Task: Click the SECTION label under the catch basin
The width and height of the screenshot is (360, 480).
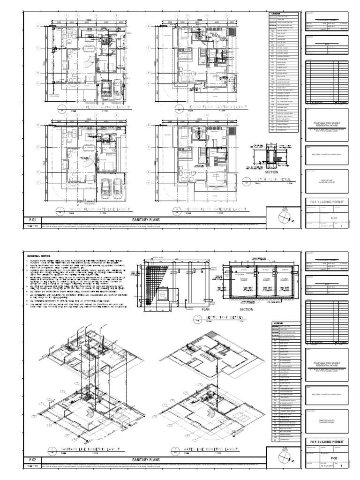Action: tap(272, 172)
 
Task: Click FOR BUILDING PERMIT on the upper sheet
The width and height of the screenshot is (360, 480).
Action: tap(327, 201)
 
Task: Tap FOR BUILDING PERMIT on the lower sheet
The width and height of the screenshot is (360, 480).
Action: tap(327, 442)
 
